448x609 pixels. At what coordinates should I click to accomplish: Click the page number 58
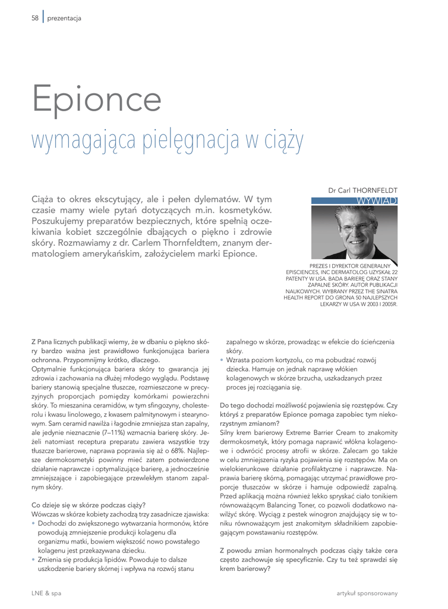[x=34, y=18]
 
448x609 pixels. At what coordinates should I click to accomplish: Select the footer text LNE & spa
[x=46, y=593]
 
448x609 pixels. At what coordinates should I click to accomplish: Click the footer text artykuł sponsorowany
[x=367, y=593]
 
